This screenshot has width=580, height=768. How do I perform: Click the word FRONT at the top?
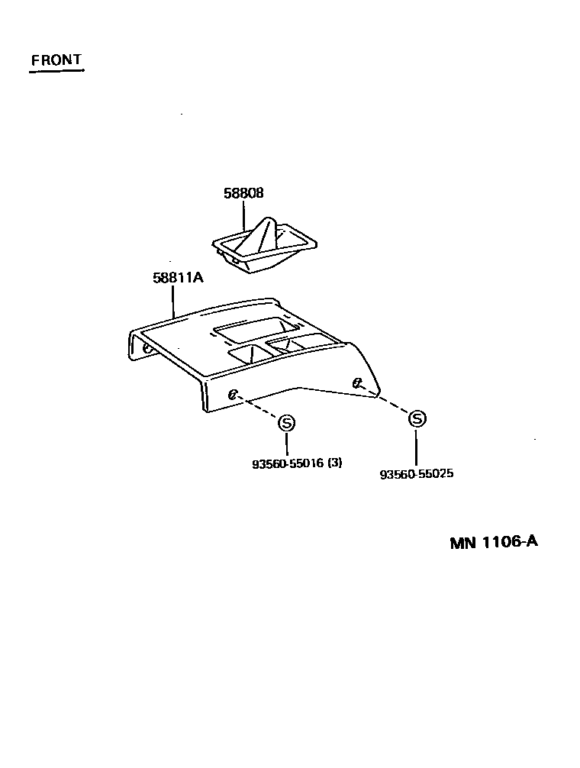click(x=56, y=60)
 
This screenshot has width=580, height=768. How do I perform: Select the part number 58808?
click(x=243, y=194)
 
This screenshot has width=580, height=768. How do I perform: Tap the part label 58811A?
click(x=178, y=278)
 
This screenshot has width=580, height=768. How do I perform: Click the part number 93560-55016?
click(x=287, y=463)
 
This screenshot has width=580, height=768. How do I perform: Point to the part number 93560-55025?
click(x=417, y=473)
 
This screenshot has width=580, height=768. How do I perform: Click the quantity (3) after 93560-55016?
click(x=334, y=463)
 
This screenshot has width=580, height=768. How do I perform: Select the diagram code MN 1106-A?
click(x=494, y=542)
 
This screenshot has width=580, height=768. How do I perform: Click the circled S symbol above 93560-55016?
click(x=286, y=422)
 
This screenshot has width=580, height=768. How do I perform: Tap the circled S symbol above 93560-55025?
click(x=417, y=418)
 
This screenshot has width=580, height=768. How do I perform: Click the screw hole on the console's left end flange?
click(x=146, y=348)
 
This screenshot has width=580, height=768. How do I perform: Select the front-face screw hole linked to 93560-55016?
click(x=234, y=394)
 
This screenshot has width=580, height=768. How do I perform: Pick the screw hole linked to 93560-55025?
click(x=356, y=382)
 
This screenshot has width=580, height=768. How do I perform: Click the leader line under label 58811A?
click(x=174, y=301)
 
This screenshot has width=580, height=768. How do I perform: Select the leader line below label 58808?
click(x=244, y=215)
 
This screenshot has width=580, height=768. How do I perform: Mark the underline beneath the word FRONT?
click(x=56, y=72)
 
